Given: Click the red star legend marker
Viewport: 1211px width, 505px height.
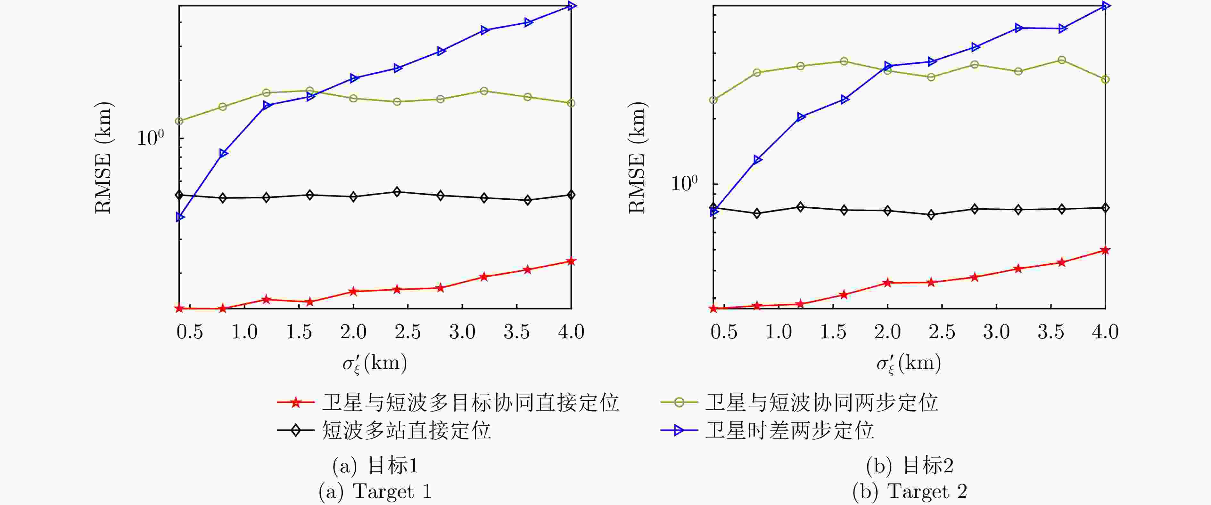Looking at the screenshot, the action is pos(295,402).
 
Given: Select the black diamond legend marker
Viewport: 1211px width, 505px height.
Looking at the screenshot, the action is pos(295,430).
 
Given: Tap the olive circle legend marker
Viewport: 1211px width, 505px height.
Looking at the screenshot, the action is pos(679,402).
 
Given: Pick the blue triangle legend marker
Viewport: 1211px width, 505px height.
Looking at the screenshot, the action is pos(679,430).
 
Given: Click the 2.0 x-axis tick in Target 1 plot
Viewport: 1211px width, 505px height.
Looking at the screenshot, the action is pos(353,332).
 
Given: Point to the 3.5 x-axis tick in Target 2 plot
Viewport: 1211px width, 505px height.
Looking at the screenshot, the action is pos(1051,332).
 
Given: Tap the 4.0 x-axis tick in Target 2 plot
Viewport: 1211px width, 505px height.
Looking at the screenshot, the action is pos(1105,332).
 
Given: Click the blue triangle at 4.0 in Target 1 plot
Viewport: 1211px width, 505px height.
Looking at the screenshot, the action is pos(571,6).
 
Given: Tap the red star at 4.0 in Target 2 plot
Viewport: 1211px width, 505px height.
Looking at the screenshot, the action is pos(1105,250).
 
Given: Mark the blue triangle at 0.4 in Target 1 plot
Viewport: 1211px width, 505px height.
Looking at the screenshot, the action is pos(180,217).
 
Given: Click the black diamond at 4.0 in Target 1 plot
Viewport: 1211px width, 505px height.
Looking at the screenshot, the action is pos(571,195).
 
